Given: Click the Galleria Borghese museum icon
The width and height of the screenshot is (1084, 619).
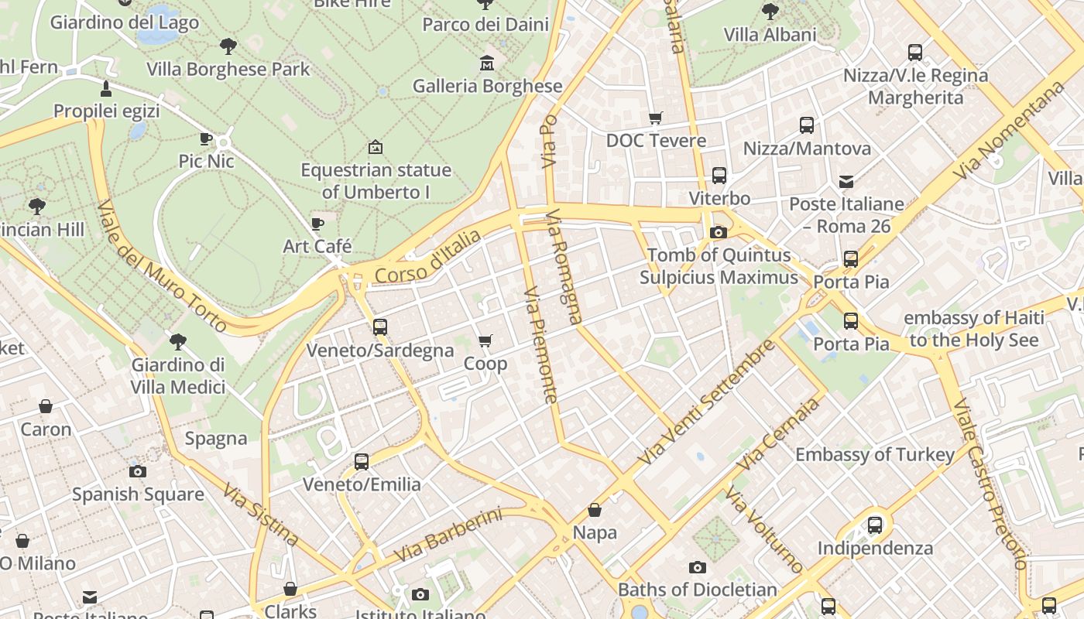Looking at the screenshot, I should tap(487, 63).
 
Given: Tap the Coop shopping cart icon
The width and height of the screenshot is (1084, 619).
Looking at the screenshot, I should tap(485, 341).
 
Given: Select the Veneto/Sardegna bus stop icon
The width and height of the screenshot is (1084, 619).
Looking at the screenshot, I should tap(379, 327).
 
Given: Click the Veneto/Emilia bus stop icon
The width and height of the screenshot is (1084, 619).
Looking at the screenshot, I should tap(362, 462).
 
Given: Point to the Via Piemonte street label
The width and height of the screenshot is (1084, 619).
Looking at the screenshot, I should tap(540, 345).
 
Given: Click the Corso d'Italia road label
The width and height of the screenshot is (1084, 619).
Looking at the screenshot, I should tap(427, 258).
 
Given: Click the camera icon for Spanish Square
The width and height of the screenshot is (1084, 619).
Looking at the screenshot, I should tap(138, 471).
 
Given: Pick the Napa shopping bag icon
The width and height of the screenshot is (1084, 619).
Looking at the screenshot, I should tap(595, 510).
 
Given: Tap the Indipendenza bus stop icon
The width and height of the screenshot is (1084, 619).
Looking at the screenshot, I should tap(875, 525).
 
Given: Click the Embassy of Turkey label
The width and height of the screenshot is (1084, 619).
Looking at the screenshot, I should tap(875, 455).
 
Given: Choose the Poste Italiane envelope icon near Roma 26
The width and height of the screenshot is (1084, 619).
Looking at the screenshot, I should tap(846, 182).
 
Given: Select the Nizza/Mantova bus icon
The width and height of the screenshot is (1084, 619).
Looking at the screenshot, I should tap(807, 125).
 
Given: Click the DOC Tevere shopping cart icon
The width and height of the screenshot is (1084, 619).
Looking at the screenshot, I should tap(656, 118).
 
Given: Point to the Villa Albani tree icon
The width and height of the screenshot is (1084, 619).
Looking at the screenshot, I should tap(770, 12).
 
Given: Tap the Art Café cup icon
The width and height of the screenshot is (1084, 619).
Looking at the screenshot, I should tap(317, 224).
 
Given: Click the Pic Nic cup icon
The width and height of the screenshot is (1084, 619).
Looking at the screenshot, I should tap(206, 139).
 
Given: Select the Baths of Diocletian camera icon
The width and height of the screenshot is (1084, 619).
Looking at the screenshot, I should tap(698, 568).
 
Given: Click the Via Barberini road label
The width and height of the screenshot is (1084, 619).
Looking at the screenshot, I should tap(448, 535).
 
